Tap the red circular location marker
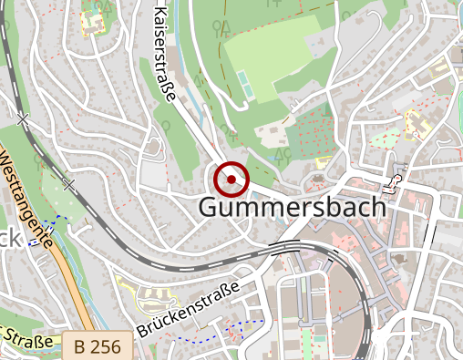click(x=232, y=179)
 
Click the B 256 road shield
click(x=98, y=346)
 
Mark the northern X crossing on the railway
click(x=23, y=118)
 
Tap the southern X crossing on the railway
click(x=68, y=183)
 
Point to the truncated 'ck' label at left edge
click(x=7, y=240)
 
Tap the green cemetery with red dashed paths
click(x=314, y=128)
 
